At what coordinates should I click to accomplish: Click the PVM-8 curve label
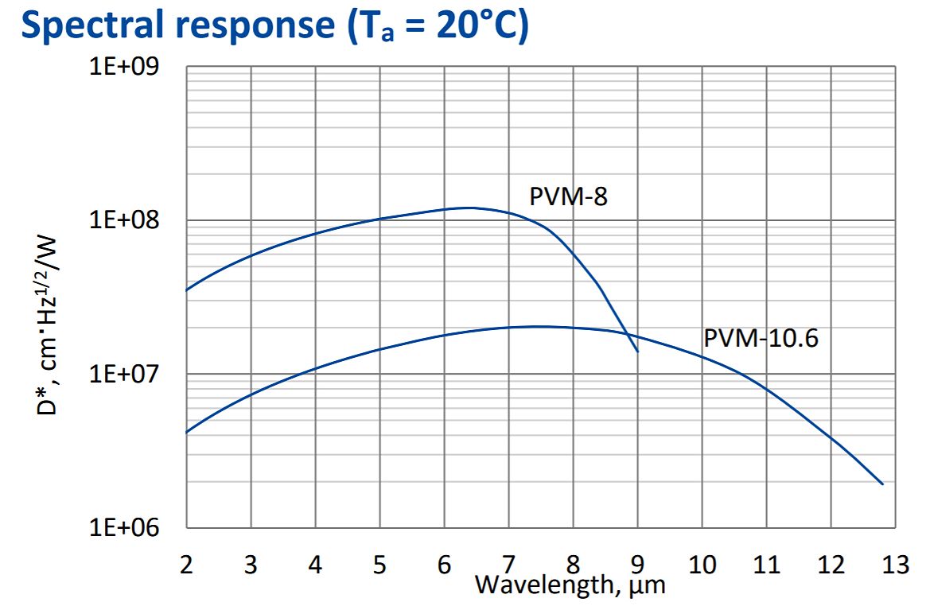tap(568, 196)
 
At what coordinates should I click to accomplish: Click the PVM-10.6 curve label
tap(761, 339)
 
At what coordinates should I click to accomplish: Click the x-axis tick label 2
tap(187, 565)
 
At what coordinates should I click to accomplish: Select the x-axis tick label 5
tap(379, 565)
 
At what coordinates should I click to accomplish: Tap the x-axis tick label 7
tap(508, 565)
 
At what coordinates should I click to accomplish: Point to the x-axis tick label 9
tap(637, 565)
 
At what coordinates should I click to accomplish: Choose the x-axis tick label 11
tap(766, 565)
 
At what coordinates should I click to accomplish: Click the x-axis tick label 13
tap(895, 565)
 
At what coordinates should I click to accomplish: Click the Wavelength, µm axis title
tap(570, 586)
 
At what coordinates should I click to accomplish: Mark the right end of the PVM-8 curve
tap(637, 351)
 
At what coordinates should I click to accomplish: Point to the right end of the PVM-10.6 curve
tap(882, 484)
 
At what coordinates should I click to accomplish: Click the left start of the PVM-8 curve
tap(187, 290)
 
